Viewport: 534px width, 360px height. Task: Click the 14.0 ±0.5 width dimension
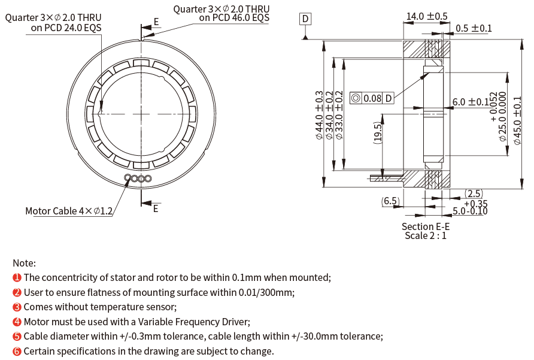pos(427,16)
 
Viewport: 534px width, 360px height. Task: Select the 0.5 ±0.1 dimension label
pos(474,28)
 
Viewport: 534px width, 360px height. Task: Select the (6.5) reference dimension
pos(390,201)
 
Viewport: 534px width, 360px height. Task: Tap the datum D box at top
pos(305,19)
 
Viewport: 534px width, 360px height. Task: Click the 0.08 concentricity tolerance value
pos(372,98)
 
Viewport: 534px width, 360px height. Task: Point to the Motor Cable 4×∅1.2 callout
pos(69,211)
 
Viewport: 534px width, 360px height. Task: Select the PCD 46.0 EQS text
pos(234,17)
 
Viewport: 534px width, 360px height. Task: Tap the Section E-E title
pos(425,226)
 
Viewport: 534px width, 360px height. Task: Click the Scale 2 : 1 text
pos(425,235)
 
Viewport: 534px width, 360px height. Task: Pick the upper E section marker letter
pos(156,22)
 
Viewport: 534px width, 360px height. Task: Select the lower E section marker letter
pos(156,208)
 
